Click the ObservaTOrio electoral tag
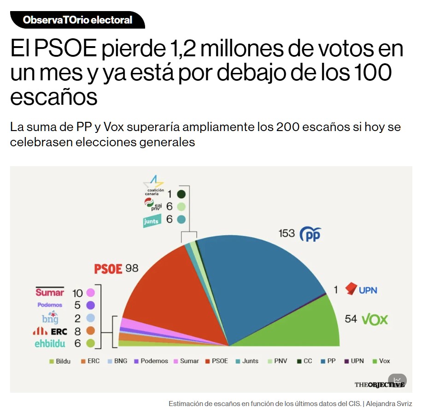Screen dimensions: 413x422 (x=77, y=20)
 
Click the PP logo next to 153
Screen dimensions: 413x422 (x=310, y=234)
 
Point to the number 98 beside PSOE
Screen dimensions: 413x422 (x=132, y=268)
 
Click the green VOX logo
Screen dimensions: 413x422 (x=375, y=319)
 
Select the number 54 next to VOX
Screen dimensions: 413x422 (x=351, y=319)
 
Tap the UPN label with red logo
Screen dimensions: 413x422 (x=361, y=290)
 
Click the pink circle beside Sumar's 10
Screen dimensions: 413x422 (x=90, y=293)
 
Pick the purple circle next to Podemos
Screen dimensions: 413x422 (x=90, y=305)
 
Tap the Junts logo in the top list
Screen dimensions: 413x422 (x=152, y=221)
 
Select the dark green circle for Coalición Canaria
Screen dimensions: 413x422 (x=181, y=194)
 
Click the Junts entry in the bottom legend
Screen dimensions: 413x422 (x=247, y=361)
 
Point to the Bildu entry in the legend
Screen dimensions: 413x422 (x=60, y=361)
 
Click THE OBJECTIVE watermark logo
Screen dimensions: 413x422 (x=379, y=384)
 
